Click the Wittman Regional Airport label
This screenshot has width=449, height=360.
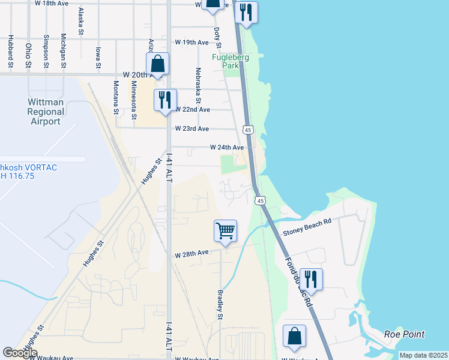tap(46, 112)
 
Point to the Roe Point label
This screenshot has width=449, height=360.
tap(405, 334)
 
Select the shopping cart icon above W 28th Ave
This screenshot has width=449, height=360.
tap(225, 230)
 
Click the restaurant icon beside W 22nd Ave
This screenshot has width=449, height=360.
tap(165, 100)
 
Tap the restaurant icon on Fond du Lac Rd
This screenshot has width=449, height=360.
tap(310, 279)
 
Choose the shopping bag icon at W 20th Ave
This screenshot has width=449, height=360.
tap(157, 64)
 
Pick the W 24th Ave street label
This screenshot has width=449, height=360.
tap(227, 147)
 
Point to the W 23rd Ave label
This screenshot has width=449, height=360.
tap(192, 129)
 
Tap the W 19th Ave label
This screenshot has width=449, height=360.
tap(191, 43)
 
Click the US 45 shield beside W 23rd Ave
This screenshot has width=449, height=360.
tap(247, 129)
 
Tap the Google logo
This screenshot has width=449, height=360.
tap(20, 353)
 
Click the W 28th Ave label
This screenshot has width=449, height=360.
tap(191, 254)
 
